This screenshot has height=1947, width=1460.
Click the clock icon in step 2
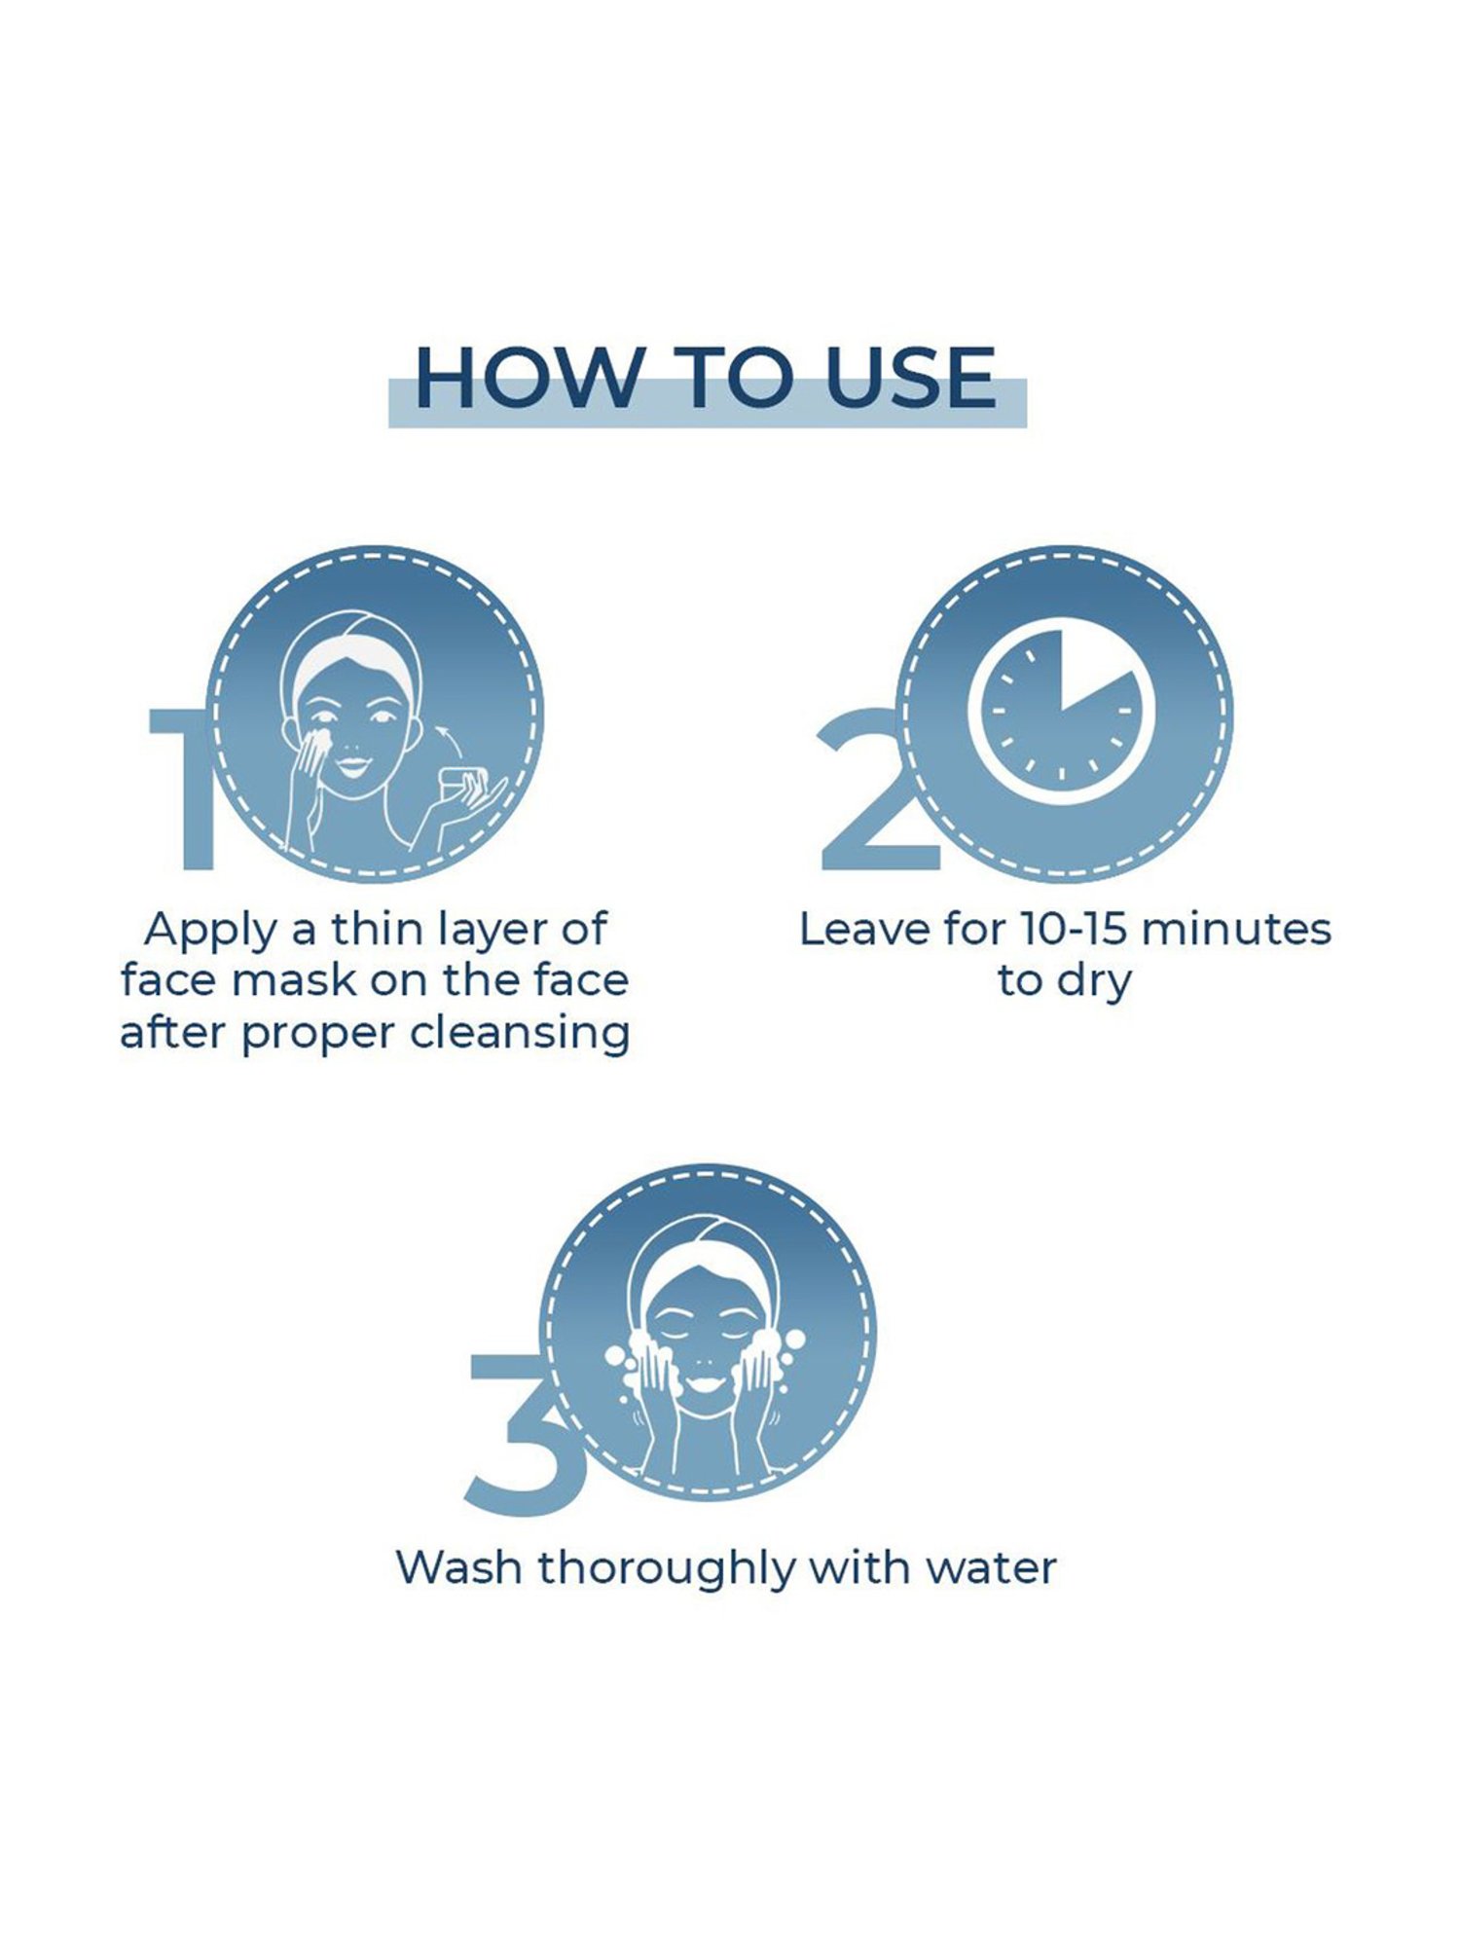click(x=1062, y=714)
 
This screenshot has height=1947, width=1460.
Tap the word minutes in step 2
click(x=1236, y=930)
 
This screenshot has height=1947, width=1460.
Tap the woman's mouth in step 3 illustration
click(x=707, y=1381)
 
